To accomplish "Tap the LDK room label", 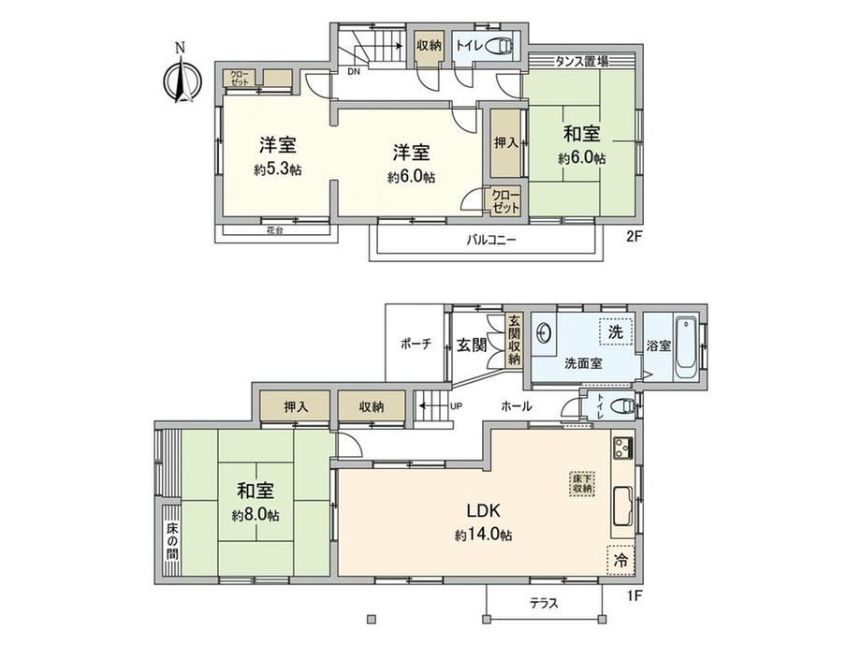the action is point(483,511).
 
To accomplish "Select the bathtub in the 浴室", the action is point(685,347).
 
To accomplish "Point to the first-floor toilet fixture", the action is point(623,406).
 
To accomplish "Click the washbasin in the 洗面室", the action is point(544,332).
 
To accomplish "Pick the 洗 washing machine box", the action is point(616,331).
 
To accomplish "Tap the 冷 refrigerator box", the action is point(620,560).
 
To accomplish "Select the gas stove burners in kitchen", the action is point(622,448).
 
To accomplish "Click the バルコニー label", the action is point(491,240).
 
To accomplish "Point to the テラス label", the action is point(544,603).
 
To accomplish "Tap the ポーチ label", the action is point(416,345).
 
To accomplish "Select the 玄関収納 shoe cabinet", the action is point(514,341).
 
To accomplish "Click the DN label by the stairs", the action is point(354,71).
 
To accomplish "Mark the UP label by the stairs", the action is point(457,406).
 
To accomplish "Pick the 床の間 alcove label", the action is point(172,541).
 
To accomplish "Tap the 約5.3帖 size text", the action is point(278,169).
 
